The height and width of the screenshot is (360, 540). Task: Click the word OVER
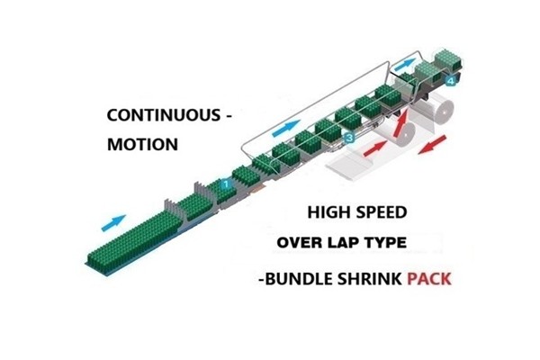300,243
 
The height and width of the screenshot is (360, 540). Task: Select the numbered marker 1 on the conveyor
226,184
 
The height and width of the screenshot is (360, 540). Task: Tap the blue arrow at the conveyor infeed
115,219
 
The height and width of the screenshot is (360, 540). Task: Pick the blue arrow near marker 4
408,64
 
